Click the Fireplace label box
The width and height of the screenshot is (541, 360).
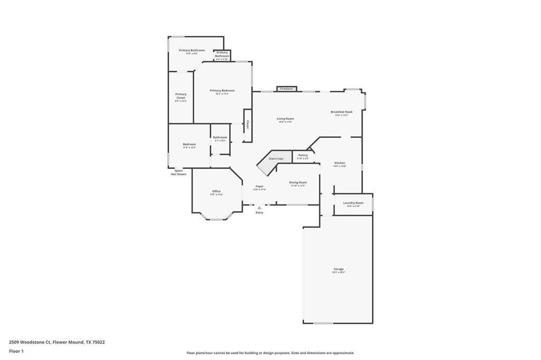[286, 89]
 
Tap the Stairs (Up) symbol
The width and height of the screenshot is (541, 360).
[272, 162]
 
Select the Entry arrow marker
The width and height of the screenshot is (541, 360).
[259, 208]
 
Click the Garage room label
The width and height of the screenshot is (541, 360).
[338, 269]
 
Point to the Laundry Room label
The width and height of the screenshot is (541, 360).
[353, 203]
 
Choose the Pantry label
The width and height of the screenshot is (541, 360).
[303, 155]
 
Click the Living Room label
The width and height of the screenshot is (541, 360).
[285, 119]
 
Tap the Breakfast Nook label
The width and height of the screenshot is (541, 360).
[341, 112]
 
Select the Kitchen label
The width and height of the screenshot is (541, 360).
[339, 163]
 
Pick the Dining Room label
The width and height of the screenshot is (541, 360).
[298, 182]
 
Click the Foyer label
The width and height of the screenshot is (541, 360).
[259, 186]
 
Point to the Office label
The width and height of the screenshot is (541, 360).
[216, 192]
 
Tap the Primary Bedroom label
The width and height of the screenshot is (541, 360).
[222, 91]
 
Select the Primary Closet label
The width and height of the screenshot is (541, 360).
[181, 96]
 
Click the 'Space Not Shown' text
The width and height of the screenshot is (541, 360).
[179, 172]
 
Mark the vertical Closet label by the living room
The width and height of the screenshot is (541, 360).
[247, 125]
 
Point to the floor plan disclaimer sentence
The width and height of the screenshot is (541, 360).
[270, 353]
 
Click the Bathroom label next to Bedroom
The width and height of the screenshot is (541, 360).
[220, 137]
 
